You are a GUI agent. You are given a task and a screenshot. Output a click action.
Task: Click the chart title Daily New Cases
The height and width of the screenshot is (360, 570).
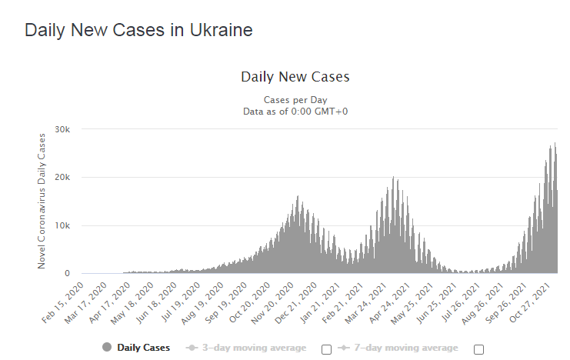coord(295,77)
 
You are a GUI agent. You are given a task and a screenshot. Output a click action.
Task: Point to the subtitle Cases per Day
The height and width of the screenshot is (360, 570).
coord(295,100)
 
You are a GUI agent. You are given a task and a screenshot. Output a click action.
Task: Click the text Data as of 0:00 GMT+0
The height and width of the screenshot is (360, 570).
coord(295,112)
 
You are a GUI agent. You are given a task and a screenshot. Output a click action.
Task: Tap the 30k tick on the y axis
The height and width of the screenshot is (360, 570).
coord(64,128)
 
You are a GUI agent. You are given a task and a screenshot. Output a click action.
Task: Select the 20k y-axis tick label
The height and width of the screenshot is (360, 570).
coord(64,177)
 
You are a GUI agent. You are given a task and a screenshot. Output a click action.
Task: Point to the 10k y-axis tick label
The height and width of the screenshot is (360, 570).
coord(64,225)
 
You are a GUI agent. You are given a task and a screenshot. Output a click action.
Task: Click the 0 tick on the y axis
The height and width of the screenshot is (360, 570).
coord(68,273)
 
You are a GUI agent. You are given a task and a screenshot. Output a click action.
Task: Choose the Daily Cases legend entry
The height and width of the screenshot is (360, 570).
coord(144,348)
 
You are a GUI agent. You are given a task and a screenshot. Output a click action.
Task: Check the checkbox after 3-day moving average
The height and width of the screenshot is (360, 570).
coord(326,349)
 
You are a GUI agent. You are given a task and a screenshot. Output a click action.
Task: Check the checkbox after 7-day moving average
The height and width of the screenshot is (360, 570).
coord(478,349)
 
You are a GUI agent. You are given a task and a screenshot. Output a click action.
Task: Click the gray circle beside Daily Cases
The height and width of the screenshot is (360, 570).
coord(107,348)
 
